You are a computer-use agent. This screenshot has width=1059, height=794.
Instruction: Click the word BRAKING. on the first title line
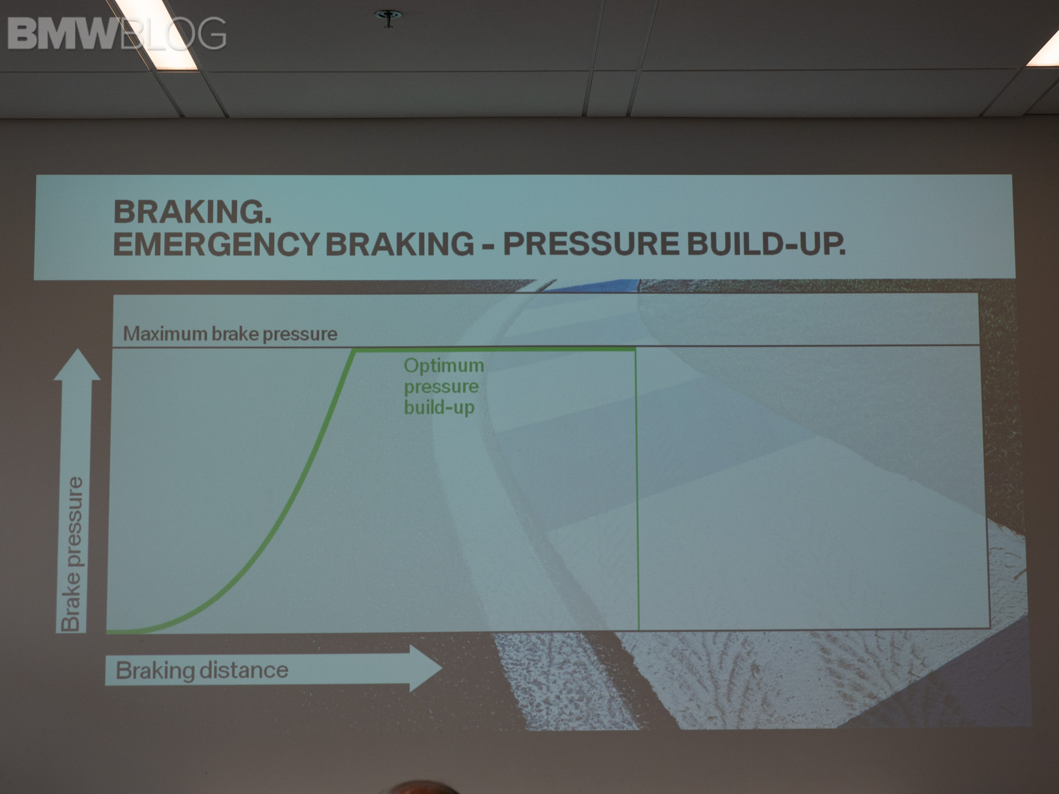point(192,212)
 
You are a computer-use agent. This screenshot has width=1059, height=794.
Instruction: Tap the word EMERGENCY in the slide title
point(216,244)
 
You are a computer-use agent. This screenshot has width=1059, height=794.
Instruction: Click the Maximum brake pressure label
point(230,334)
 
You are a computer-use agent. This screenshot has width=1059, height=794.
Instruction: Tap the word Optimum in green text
point(444,366)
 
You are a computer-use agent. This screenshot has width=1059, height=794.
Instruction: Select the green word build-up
point(439,407)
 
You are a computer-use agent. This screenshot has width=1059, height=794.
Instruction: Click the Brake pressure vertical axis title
point(72,554)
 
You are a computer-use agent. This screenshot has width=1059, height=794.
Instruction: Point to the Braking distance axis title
point(202,670)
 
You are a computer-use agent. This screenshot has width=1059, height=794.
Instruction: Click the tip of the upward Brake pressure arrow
point(77,349)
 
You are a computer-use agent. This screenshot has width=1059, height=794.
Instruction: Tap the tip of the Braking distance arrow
point(441,668)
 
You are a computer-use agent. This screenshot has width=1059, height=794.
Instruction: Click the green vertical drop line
point(637,489)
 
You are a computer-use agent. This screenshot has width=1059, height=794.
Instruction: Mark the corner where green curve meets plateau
point(353,350)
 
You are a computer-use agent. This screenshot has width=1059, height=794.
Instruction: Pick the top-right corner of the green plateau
point(635,349)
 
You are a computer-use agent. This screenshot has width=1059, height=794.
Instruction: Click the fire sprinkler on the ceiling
point(388,17)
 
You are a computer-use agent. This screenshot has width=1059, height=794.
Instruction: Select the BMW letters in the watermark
point(63,34)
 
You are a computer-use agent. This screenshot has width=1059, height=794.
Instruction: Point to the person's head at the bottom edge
point(425,788)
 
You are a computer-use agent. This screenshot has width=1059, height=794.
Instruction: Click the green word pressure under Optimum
point(441,387)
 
